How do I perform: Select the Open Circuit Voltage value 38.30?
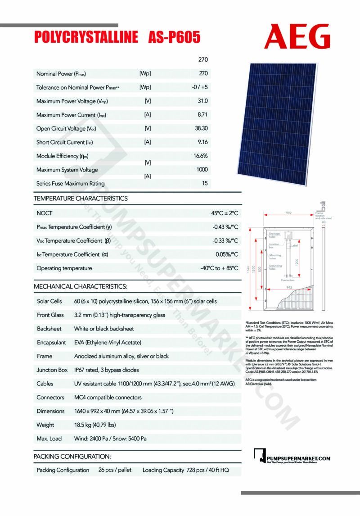point(201,128)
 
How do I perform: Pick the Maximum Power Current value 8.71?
point(202,115)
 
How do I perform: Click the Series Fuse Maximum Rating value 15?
point(205,183)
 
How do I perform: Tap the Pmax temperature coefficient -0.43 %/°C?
point(225,227)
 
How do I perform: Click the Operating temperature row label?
point(64,268)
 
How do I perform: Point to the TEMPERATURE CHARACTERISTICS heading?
point(81,198)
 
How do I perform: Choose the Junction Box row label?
point(52,370)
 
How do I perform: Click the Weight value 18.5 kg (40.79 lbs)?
point(103,425)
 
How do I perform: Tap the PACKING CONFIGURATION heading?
point(72,456)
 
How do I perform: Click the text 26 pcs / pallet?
point(115,470)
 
